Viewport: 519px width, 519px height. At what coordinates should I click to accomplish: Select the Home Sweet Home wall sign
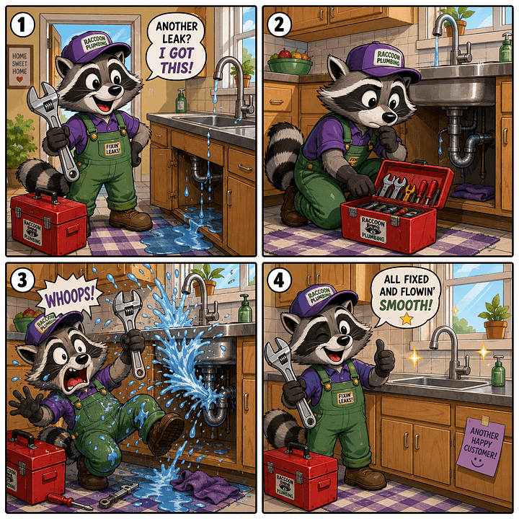pos(20,66)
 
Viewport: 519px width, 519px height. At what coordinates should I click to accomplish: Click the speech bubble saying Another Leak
pos(176,48)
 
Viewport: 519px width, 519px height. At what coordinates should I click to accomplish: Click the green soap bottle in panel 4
pos(498,370)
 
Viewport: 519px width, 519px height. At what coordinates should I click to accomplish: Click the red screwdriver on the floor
pos(68,498)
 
